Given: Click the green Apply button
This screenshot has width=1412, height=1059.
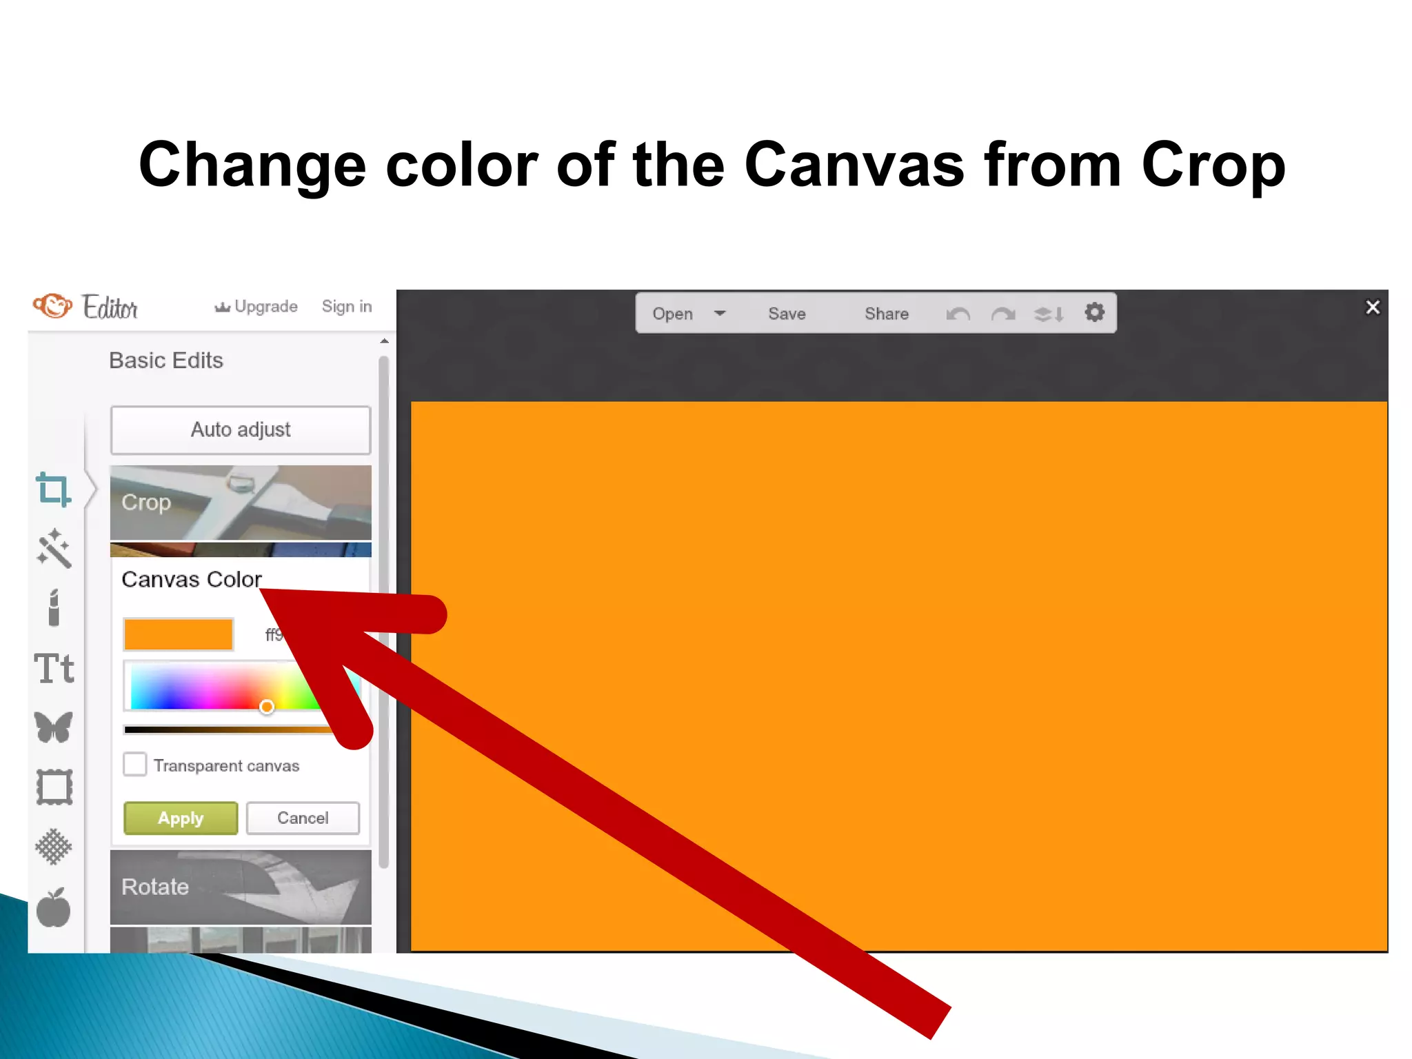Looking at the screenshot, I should [181, 818].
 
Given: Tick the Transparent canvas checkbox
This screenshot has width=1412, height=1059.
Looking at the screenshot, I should [135, 765].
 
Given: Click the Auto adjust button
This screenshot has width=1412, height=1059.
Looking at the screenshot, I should [241, 430].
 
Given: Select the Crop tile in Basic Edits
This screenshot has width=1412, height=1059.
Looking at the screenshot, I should [241, 503].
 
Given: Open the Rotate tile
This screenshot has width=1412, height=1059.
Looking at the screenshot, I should [241, 887].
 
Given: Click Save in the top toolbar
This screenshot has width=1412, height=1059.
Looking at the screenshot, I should [787, 314].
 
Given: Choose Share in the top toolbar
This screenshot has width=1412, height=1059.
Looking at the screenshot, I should [887, 314].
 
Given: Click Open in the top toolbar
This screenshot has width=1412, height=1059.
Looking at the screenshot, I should [672, 314].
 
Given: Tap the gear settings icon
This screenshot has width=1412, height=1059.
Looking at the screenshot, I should [1094, 313].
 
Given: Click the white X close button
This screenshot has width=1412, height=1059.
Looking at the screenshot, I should [1373, 307].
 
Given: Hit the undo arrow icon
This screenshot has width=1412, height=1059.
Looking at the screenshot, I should [958, 314].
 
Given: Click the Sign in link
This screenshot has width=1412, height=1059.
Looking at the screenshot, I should [347, 306].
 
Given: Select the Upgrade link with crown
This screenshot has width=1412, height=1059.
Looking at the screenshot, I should [256, 306].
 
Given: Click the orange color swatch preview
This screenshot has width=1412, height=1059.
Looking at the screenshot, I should [179, 634].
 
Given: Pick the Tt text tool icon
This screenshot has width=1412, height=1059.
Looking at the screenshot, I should [54, 668].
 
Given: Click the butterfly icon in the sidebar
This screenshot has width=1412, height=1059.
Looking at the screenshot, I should [54, 727].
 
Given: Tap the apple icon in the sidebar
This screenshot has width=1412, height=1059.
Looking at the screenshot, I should [54, 908].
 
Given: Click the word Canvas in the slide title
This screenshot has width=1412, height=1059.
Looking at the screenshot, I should [854, 165].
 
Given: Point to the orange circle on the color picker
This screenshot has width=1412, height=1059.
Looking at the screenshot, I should [267, 707].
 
